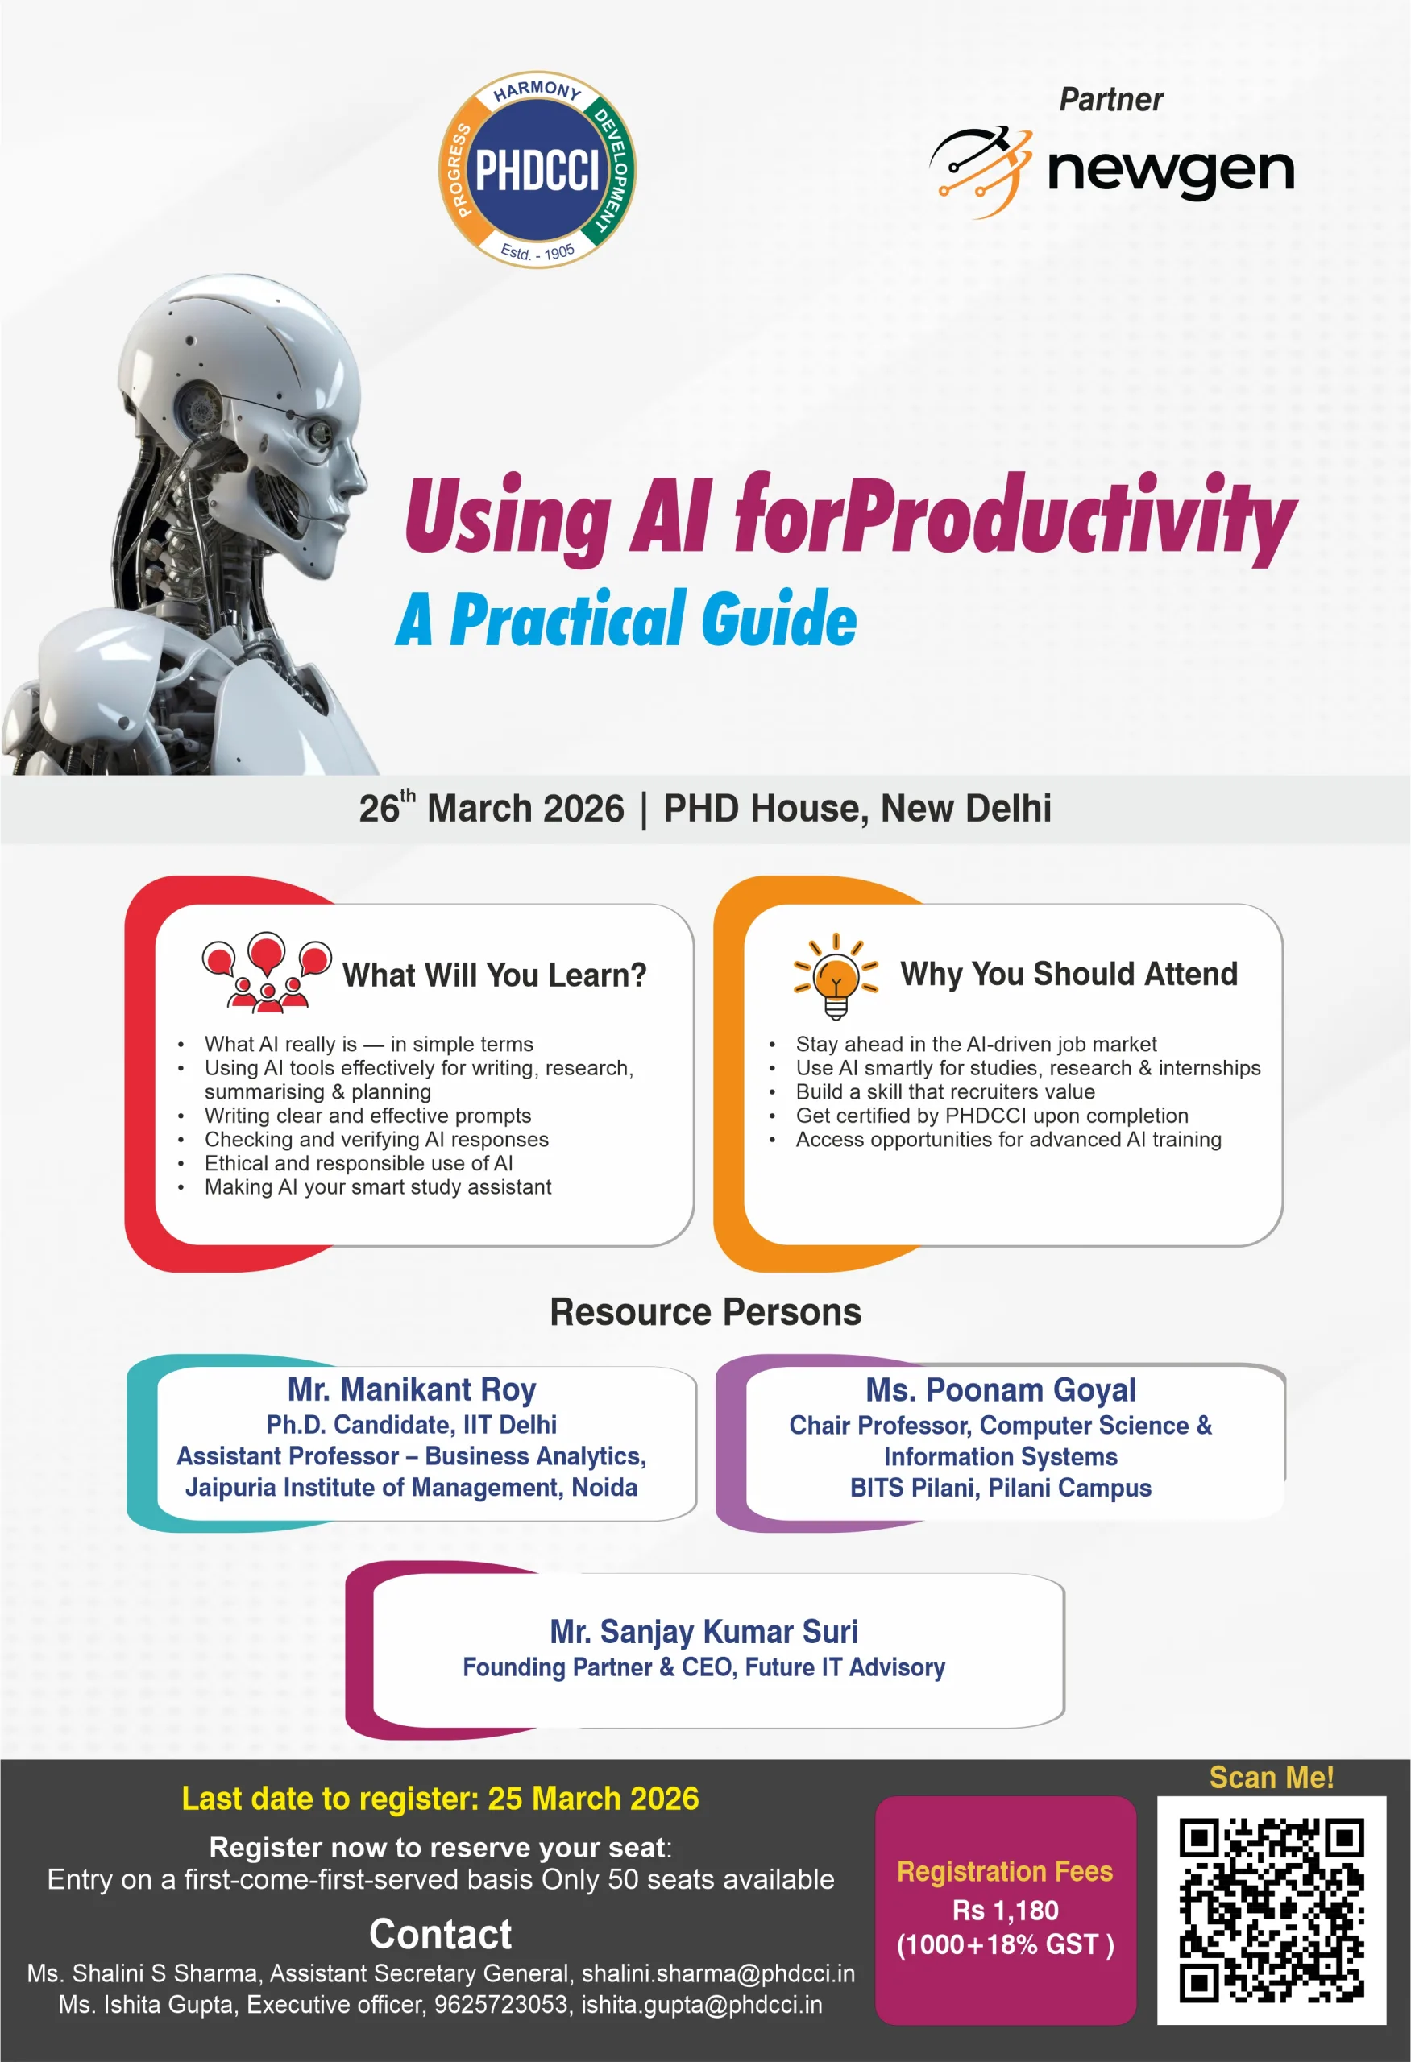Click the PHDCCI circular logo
point(537,168)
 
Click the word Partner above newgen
point(1110,99)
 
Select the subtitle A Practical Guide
point(626,619)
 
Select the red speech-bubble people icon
point(266,972)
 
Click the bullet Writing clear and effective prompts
point(367,1116)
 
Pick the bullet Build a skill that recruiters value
point(944,1091)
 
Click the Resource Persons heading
point(706,1311)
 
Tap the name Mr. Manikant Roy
point(412,1389)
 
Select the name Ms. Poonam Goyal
point(1000,1389)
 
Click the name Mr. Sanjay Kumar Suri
point(703,1631)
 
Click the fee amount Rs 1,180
point(1005,1910)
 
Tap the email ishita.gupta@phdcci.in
point(701,2004)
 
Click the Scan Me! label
point(1271,1777)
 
